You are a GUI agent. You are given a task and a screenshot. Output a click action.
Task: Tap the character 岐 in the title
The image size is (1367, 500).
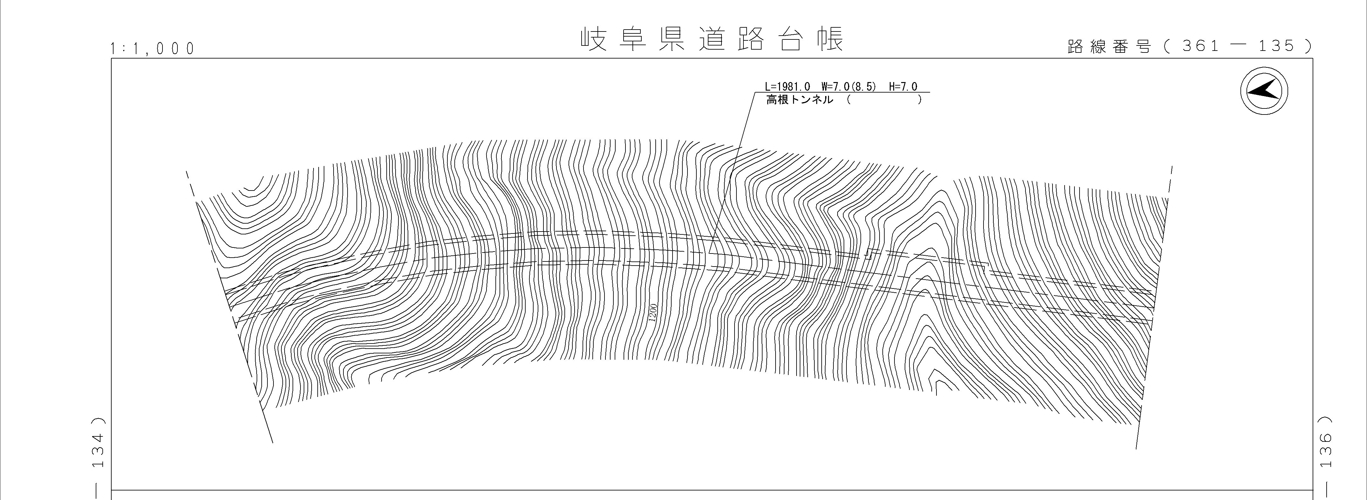(594, 39)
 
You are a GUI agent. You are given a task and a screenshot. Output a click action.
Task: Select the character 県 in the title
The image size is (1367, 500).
(672, 39)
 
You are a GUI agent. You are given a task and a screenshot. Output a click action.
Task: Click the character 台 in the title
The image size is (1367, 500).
(791, 39)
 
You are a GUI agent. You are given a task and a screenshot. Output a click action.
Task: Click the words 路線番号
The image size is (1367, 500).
(1109, 47)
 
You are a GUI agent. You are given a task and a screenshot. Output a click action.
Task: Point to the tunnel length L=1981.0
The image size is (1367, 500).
(788, 87)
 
